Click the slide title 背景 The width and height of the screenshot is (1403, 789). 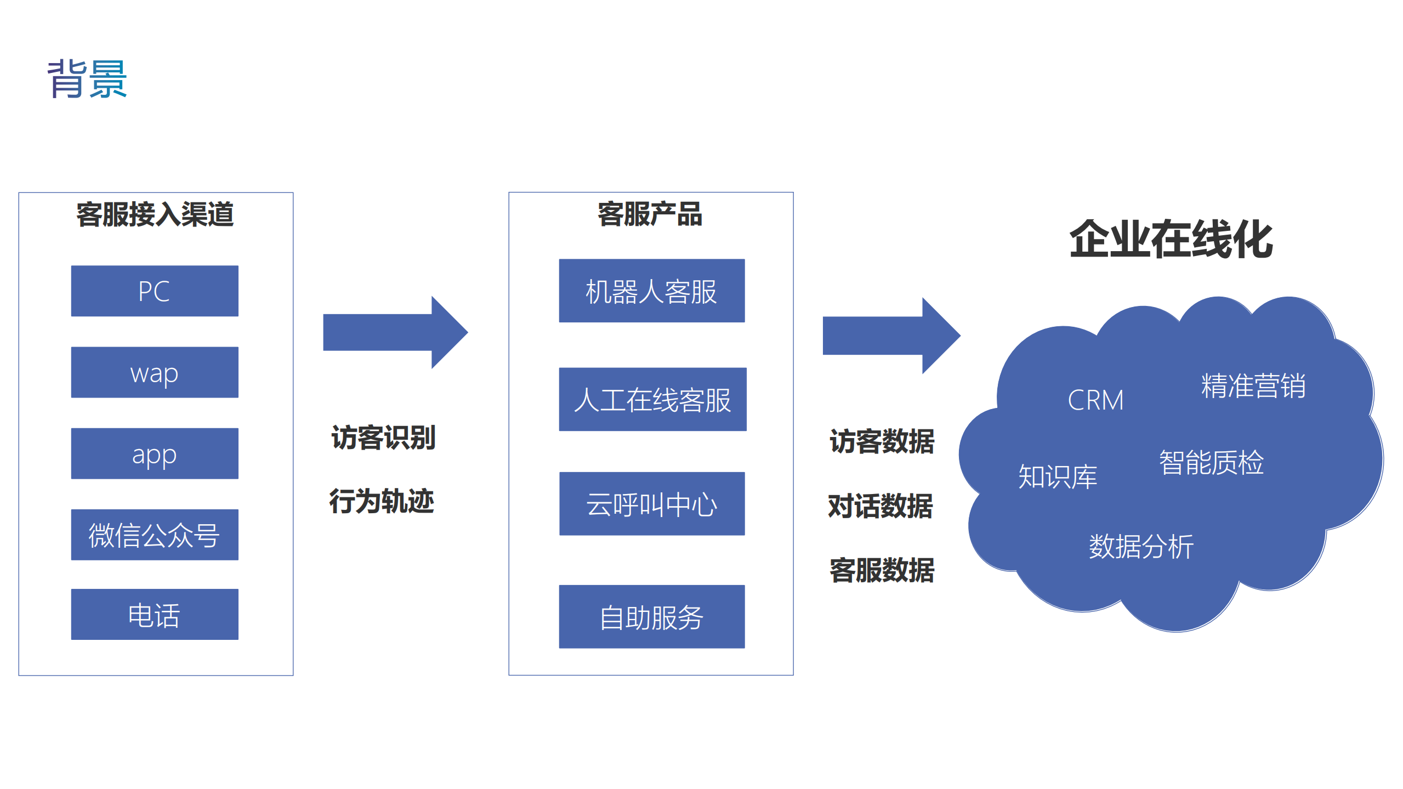coord(87,79)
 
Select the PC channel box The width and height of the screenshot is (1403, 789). coord(155,291)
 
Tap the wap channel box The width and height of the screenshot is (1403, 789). coord(155,372)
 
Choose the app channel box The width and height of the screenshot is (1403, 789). coord(155,453)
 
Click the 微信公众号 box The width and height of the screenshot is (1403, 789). coord(155,535)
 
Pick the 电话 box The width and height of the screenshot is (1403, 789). coord(155,614)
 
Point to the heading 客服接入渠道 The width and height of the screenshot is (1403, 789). coord(155,214)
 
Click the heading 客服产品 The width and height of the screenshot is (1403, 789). coord(650,214)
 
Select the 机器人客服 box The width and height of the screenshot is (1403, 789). coord(651,291)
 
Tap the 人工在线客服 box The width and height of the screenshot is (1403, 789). coord(652,399)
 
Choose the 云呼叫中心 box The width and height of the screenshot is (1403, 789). coord(651,503)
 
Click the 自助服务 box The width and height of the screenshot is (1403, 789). coord(651,617)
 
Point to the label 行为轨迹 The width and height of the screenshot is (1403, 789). coord(382,501)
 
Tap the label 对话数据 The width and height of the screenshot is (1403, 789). coord(881,506)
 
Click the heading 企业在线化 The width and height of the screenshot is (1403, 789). coord(1171,240)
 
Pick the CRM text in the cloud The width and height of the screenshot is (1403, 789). coord(1095,400)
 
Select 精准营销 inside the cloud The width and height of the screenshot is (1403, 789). coord(1253,385)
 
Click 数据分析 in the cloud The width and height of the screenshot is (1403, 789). coord(1141,547)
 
